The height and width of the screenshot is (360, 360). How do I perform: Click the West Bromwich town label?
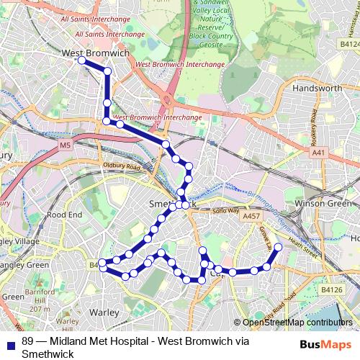[95, 53]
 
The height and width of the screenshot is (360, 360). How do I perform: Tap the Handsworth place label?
[318, 88]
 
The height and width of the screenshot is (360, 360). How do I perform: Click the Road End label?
[64, 215]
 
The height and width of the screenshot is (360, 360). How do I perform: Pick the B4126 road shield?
[331, 289]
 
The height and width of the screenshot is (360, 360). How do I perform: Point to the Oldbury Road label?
[120, 166]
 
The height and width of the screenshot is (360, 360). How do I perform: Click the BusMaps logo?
[320, 343]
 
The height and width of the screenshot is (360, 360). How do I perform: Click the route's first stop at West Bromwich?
[82, 61]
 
